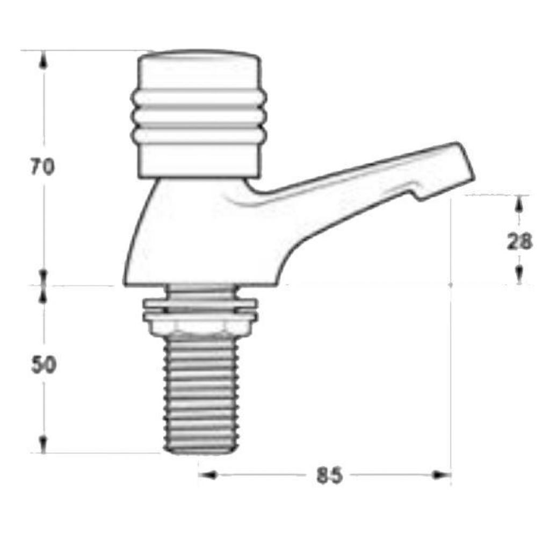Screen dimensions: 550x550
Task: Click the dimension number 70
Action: (42, 168)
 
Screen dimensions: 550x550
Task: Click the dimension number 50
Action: (43, 365)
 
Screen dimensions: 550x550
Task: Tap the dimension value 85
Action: (329, 475)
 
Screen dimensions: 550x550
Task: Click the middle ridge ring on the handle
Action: (199, 116)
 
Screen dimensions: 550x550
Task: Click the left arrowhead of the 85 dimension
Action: (207, 475)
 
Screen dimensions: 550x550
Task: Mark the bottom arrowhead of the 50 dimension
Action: (44, 445)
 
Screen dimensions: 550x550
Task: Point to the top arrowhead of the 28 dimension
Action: (519, 204)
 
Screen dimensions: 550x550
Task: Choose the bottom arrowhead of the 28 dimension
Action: (519, 276)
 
